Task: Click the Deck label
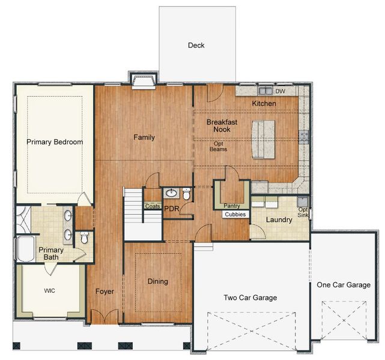coord(196,45)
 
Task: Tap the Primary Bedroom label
coord(55,142)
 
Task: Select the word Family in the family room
coord(144,137)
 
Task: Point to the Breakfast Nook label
coord(222,126)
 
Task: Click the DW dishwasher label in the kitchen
coord(280,92)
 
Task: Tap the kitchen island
coord(263,139)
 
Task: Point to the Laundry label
coord(279,220)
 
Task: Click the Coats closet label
coord(152,206)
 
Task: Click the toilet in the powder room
coord(187,194)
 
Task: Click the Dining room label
coord(158,281)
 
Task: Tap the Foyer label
coord(105,292)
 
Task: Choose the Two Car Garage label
coord(250,298)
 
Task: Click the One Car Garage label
coord(343,285)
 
